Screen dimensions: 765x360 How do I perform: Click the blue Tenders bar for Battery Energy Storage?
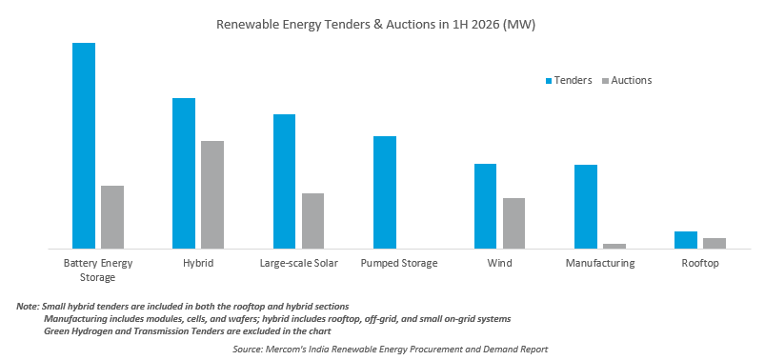tap(84, 146)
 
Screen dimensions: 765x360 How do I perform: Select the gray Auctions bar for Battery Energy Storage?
tap(112, 217)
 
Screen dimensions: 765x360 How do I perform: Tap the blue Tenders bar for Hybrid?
tap(184, 173)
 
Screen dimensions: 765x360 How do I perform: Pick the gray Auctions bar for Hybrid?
tap(212, 194)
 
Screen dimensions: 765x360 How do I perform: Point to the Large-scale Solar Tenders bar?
tap(285, 182)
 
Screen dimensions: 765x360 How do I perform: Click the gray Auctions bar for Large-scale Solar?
tap(312, 221)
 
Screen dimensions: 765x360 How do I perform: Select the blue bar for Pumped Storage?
tap(385, 192)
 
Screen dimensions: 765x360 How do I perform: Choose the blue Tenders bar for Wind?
tap(486, 207)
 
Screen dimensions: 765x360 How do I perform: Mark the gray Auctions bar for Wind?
tap(513, 224)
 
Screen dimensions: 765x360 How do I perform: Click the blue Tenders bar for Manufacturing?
tap(586, 207)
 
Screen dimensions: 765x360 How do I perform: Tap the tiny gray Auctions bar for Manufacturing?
tap(614, 247)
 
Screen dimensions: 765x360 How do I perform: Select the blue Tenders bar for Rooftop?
tap(686, 240)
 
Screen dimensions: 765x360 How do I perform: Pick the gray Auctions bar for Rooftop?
tap(715, 244)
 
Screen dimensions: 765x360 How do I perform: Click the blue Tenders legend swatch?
tap(549, 81)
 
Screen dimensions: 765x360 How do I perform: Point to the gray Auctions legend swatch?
tap(606, 81)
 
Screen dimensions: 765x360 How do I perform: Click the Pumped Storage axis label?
tap(399, 264)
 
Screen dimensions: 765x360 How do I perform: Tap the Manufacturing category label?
tap(600, 264)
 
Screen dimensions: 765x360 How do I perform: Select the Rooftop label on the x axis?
tap(700, 264)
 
